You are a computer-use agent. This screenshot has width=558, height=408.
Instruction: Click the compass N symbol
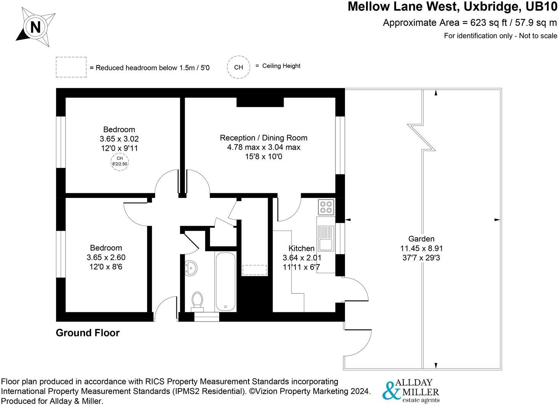[x=35, y=27]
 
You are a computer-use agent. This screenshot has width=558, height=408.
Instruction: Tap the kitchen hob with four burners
[x=326, y=207]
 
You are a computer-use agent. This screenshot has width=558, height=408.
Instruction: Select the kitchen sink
[x=325, y=237]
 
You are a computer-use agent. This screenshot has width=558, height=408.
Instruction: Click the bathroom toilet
[x=197, y=300]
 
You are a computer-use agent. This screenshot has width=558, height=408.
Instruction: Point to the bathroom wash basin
[x=190, y=268]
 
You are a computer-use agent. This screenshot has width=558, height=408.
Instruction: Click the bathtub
[x=226, y=281]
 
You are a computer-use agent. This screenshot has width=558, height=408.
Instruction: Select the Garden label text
[x=421, y=239]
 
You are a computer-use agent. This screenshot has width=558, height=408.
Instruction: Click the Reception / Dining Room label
[x=263, y=138]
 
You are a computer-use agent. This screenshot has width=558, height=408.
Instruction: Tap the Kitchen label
[x=301, y=248]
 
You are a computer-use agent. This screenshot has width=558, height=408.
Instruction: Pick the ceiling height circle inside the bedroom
[x=119, y=161]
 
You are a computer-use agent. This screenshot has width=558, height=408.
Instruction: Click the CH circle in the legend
[x=239, y=67]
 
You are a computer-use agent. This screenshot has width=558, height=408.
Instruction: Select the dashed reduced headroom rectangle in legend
[x=71, y=67]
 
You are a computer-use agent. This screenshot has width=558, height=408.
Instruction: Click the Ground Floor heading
[x=88, y=333]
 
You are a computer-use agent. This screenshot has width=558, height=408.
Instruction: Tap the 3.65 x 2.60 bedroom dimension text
[x=106, y=258]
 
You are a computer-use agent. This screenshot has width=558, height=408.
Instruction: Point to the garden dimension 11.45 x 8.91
[x=421, y=249]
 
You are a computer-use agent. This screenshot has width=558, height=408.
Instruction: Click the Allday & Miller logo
[x=411, y=390]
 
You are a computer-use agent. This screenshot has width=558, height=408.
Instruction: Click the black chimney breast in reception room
[x=260, y=102]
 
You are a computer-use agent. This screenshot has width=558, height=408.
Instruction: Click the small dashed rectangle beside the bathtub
[x=255, y=270]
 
